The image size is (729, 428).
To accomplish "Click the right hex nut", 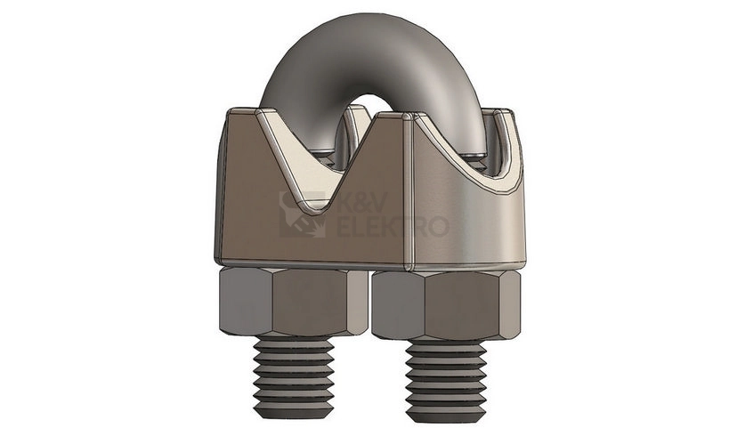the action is coord(445,305).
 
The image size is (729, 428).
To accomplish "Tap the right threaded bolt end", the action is coord(446,380).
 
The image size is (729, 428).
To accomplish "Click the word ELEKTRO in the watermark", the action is coord(392,226).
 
